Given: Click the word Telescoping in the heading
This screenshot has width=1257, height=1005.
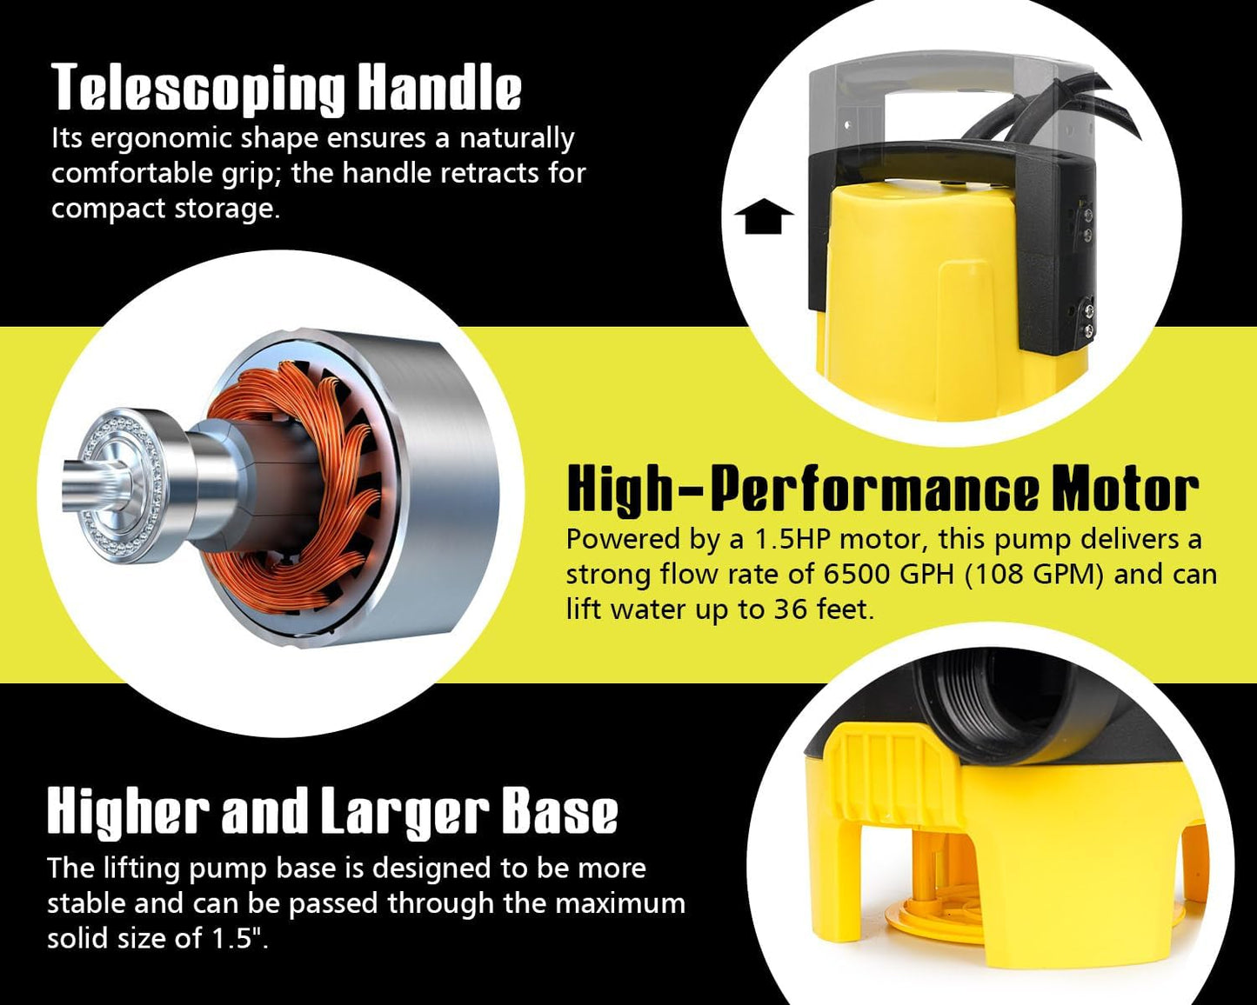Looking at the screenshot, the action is pos(199,88).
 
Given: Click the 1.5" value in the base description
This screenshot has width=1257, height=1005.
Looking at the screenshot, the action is pos(239,938).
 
